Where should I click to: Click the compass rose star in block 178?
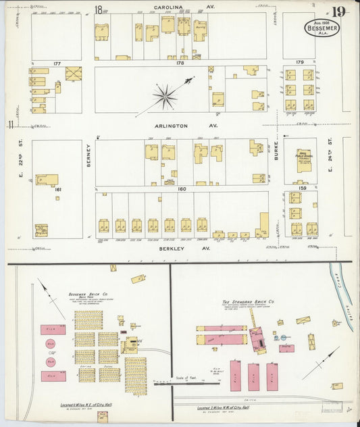pyautogui.click(x=164, y=96)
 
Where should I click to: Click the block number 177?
pyautogui.click(x=57, y=64)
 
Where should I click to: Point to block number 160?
pyautogui.click(x=181, y=189)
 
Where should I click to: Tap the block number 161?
pyautogui.click(x=58, y=190)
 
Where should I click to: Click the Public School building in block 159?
pyautogui.click(x=303, y=161)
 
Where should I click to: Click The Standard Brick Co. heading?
pyautogui.click(x=248, y=301)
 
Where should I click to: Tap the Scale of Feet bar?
pyautogui.click(x=186, y=384)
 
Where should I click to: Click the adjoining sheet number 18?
pyautogui.click(x=99, y=9)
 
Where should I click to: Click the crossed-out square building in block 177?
pyautogui.click(x=73, y=74)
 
